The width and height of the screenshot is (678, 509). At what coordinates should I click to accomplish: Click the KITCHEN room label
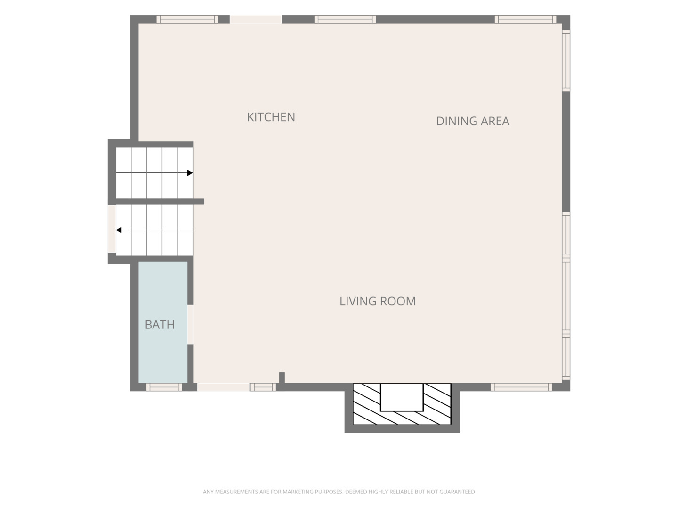(271, 117)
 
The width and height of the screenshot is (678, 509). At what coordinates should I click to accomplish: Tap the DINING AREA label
(473, 121)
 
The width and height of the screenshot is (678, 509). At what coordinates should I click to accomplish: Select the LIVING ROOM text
(378, 301)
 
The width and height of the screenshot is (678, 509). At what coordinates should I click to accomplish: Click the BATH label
(160, 325)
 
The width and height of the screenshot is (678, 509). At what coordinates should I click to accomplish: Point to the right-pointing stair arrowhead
(190, 173)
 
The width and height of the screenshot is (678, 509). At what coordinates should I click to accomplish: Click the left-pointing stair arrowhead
(119, 230)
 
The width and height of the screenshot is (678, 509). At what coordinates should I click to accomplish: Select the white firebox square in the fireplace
(402, 397)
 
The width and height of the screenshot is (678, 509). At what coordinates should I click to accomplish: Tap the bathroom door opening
(190, 325)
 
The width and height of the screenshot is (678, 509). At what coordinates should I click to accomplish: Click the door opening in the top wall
(256, 19)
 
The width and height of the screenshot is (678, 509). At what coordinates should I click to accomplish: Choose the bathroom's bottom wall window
(164, 387)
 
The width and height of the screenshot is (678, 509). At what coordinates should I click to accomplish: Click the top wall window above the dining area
(525, 19)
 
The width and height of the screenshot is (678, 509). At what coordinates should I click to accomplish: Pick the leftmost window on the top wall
(187, 19)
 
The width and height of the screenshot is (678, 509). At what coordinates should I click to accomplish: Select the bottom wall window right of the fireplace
(521, 387)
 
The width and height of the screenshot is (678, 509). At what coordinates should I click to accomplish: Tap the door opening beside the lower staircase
(112, 229)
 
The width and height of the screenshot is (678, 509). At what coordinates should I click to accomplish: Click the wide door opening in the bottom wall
(223, 387)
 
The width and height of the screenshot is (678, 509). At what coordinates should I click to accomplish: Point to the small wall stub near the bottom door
(282, 378)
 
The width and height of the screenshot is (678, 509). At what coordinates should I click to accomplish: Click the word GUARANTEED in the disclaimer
(457, 492)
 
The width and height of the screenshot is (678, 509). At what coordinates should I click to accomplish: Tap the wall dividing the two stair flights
(160, 202)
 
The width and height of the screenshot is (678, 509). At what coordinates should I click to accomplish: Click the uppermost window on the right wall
(566, 61)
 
